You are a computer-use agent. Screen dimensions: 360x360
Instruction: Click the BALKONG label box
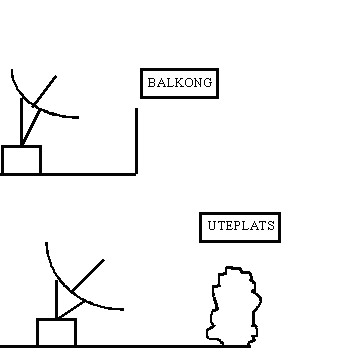tap(179, 83)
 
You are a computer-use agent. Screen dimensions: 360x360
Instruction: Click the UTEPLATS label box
tap(238, 227)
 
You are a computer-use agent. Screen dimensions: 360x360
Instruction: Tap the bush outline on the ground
tap(234, 306)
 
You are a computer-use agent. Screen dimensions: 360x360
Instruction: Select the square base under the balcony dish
tap(21, 160)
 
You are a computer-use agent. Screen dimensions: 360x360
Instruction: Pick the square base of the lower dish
tap(56, 332)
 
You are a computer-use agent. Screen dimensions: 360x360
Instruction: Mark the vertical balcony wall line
tap(136, 140)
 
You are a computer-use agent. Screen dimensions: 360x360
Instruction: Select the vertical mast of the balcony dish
tap(21, 122)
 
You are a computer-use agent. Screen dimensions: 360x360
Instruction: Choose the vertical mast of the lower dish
tap(56, 299)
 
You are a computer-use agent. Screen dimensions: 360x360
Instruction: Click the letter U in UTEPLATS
tap(212, 227)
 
